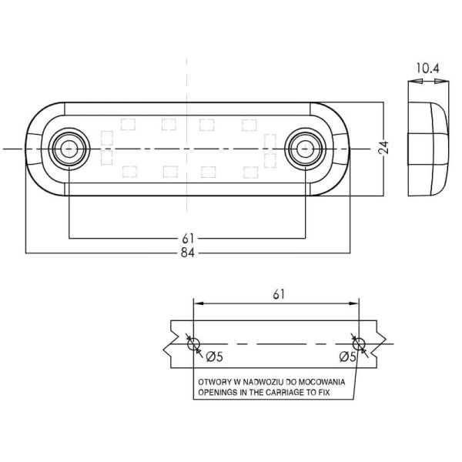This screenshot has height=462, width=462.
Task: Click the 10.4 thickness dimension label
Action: (427, 69)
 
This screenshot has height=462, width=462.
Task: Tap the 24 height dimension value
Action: (383, 148)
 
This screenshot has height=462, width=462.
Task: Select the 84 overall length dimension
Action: (188, 253)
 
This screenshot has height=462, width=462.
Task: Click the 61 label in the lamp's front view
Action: (188, 239)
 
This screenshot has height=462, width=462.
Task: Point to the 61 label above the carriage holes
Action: (279, 294)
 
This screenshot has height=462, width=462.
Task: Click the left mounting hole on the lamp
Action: (69, 149)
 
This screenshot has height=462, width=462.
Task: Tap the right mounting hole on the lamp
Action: (305, 149)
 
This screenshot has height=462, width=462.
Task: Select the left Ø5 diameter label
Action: (215, 357)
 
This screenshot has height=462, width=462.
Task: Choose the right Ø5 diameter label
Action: (348, 357)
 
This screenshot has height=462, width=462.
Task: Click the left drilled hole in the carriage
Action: (193, 344)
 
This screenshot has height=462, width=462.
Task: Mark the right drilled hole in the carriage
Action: (359, 344)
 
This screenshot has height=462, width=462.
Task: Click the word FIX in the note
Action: (324, 393)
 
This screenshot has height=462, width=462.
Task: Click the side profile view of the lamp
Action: (428, 149)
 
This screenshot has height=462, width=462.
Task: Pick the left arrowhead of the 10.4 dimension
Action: (416, 81)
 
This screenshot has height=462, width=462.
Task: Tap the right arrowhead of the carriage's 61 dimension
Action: (353, 303)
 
